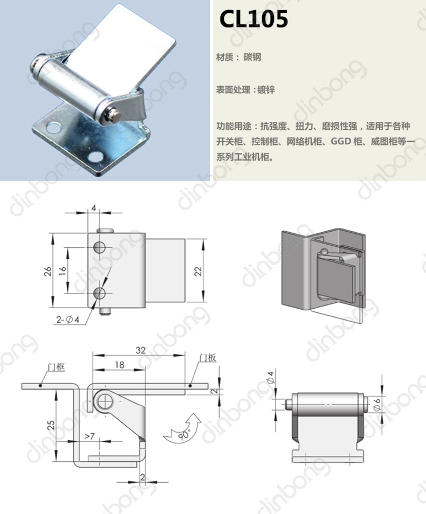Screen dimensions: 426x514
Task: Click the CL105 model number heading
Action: click(253, 19)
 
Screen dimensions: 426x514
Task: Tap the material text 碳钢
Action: click(252, 57)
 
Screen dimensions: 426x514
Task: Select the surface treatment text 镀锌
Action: click(266, 89)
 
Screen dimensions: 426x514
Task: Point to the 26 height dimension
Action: click(48, 271)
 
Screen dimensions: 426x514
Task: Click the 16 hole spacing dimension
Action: click(63, 270)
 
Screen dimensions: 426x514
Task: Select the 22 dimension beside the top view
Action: click(198, 271)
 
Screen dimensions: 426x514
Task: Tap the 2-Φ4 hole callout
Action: click(67, 319)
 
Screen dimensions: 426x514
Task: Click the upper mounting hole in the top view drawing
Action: click(100, 247)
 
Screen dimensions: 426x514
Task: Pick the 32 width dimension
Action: click(140, 350)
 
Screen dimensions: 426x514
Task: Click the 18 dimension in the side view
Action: click(120, 365)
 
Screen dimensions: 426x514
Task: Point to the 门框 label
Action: click(57, 367)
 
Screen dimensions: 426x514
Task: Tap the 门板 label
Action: click(208, 358)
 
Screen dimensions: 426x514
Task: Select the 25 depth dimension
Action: click(51, 425)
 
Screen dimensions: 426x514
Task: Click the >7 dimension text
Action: click(90, 436)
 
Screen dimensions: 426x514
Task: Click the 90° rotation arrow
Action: click(182, 429)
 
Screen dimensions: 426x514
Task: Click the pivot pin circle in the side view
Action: click(105, 401)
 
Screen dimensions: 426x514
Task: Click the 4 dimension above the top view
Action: click(93, 208)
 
